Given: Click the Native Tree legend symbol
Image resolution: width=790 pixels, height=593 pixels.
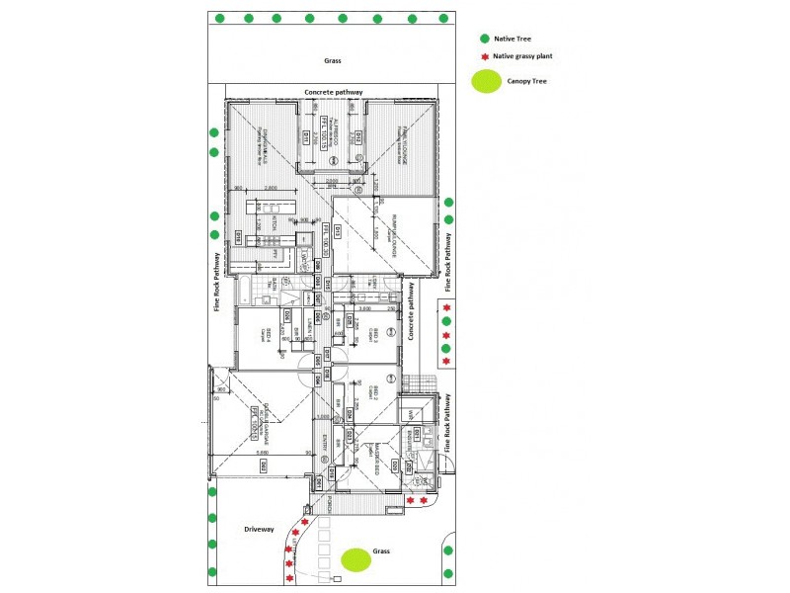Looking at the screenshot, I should coord(484,39).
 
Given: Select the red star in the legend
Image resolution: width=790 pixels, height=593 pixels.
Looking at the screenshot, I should coord(484,58).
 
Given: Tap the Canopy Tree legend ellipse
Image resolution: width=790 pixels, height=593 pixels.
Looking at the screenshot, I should coord(485,83).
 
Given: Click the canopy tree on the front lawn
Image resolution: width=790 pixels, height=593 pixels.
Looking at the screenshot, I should coord(355,559).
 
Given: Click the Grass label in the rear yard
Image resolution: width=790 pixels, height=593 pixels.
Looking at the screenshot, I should coord(333,60).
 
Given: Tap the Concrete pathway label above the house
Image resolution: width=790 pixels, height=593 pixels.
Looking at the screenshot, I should coord(334,92).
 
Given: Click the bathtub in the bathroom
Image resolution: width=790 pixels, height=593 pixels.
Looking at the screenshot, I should coord(244,291).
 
